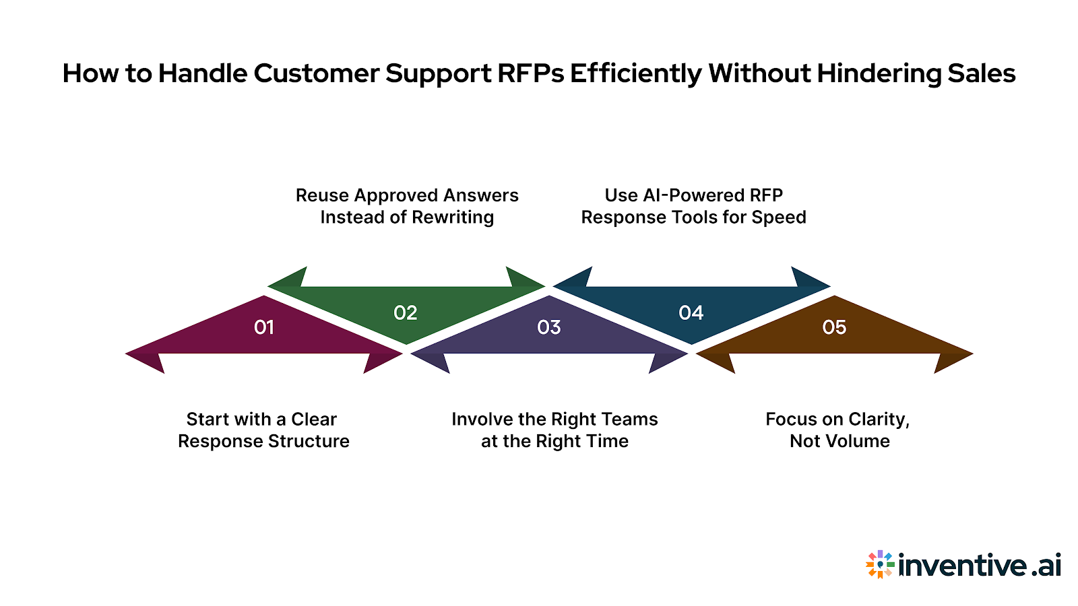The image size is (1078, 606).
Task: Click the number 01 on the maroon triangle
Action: [x=264, y=327]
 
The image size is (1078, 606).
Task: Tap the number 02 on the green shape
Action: [x=406, y=312]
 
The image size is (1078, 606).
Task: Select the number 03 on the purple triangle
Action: [x=549, y=327]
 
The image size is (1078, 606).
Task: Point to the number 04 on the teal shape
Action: [x=691, y=312]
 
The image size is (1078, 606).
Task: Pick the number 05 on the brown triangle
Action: [x=834, y=327]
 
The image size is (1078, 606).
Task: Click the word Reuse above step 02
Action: [x=322, y=195]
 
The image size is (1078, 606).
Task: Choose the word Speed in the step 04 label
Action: [x=779, y=217]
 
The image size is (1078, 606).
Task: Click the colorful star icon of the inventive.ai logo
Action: [x=879, y=564]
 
